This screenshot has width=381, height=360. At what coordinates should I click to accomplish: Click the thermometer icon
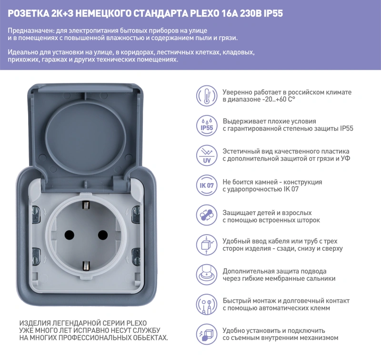pyautogui.click(x=207, y=95)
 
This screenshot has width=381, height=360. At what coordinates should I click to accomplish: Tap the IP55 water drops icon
pyautogui.click(x=207, y=125)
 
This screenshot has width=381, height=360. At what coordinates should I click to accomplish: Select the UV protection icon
pyautogui.click(x=207, y=155)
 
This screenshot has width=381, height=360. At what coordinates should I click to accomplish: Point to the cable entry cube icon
pyautogui.click(x=207, y=245)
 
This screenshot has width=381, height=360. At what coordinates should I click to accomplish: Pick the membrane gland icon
pyautogui.click(x=207, y=275)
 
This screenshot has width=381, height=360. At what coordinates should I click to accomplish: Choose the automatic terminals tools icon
pyautogui.click(x=207, y=304)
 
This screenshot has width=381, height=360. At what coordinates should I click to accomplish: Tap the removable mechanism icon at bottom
pyautogui.click(x=207, y=334)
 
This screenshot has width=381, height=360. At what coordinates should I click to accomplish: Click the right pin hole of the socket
pyautogui.click(x=101, y=235)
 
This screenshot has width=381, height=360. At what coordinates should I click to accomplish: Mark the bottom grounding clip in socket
pyautogui.click(x=86, y=265)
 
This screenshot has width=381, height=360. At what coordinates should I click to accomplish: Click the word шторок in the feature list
pyautogui.click(x=308, y=220)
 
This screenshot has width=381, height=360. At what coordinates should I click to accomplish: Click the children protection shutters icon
pyautogui.click(x=207, y=215)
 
